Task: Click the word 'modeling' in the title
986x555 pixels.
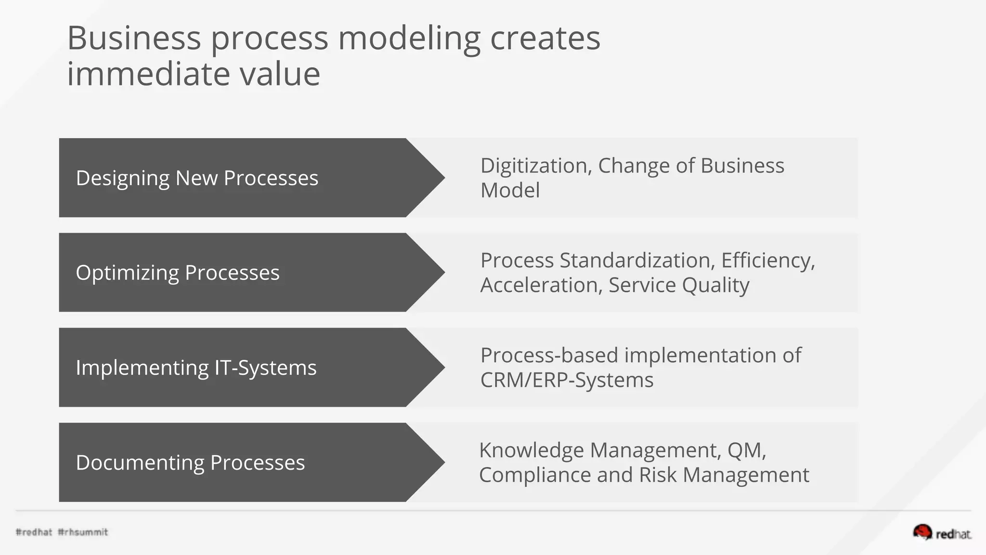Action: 409,39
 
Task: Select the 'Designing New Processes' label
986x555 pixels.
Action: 197,178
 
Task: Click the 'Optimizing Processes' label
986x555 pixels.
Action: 177,273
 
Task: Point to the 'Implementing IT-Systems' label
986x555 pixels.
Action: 196,368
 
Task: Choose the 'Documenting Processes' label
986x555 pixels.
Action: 190,462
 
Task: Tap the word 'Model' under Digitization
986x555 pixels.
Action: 510,190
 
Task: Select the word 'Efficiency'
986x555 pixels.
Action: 767,261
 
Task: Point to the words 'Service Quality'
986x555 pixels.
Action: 679,285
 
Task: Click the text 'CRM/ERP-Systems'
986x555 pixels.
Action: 567,380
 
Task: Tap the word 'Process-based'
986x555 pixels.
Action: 549,356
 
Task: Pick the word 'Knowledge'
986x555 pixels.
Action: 531,450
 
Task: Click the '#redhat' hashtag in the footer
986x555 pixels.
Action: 34,532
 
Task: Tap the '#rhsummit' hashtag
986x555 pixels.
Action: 83,532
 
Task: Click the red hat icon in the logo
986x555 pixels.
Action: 922,532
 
